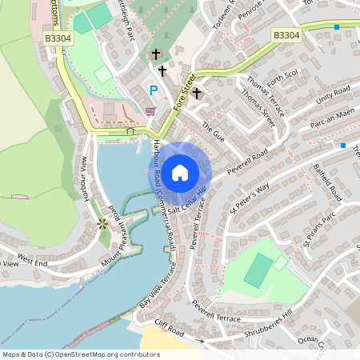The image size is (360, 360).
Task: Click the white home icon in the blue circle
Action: [180, 171]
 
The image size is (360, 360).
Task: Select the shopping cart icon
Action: [150, 111]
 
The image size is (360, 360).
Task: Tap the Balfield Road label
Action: [327, 185]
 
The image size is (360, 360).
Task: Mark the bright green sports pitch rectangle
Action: [258, 270]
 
